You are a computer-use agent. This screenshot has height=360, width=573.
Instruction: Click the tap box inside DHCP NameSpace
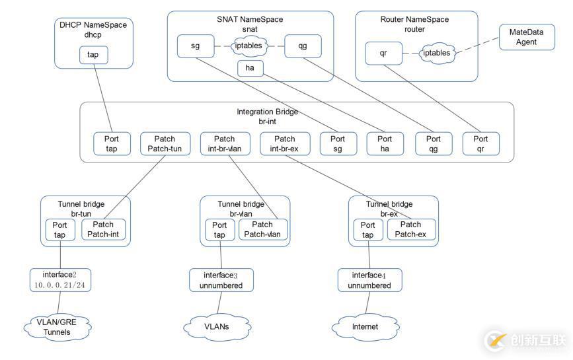93,55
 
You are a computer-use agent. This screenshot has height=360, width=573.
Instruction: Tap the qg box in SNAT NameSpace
303,46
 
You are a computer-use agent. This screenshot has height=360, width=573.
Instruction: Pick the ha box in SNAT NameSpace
250,68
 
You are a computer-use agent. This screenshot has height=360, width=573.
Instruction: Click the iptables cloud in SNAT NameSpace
249,46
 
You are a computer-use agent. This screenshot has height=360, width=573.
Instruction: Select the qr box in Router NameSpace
383,53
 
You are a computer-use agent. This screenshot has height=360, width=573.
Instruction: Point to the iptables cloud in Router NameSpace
437,53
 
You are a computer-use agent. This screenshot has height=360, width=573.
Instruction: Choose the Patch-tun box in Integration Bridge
165,144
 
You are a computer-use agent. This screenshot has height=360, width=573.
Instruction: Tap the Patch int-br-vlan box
224,144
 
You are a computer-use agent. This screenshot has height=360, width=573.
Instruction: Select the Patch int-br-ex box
284,144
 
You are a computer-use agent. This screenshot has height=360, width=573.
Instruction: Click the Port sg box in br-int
338,144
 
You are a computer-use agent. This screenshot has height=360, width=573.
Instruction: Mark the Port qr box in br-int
480,144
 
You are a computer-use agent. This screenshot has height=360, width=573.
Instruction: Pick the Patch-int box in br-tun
103,230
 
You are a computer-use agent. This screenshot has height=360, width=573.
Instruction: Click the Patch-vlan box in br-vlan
262,230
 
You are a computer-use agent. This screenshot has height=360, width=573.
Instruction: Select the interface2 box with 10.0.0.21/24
60,280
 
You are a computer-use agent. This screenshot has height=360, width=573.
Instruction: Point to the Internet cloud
365,326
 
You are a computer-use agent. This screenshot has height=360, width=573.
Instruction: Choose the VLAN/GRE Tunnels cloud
57,327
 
